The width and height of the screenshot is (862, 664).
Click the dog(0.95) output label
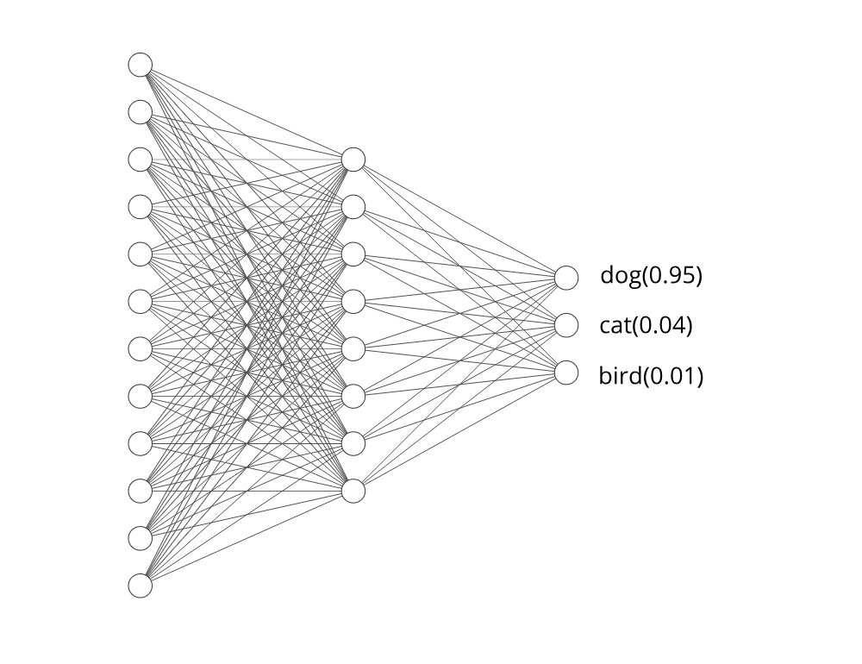coord(652,276)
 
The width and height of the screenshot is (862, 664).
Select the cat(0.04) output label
coord(646,326)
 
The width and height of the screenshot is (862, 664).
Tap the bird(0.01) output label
coord(651,376)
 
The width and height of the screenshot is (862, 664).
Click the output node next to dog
coord(566,278)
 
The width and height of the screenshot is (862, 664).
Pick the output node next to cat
coord(566,325)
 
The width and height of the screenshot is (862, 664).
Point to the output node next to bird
coord(566,373)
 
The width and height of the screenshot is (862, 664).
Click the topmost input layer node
coord(141,65)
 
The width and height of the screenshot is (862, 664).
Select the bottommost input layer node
coord(141,586)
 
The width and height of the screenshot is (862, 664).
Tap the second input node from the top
coord(141,112)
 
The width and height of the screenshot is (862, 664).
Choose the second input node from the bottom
coord(141,538)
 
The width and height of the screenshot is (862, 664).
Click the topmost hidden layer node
coord(353,160)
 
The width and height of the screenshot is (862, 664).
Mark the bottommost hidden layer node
coord(353,491)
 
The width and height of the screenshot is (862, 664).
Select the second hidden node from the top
coord(353,207)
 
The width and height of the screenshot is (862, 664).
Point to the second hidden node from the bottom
coord(353,443)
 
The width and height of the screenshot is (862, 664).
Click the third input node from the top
coord(141,160)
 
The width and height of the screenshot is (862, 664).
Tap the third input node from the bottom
coord(141,491)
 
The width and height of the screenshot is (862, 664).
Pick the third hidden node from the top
coord(353,254)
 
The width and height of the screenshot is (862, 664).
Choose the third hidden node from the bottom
coord(353,396)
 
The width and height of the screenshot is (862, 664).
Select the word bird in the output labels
coord(617,376)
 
